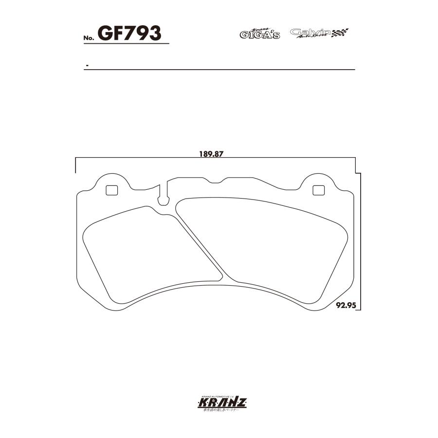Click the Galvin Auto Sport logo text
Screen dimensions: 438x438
(310, 33)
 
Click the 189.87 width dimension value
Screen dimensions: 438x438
(211, 154)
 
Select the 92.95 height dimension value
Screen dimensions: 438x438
(346, 306)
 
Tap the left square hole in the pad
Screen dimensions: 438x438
(112, 190)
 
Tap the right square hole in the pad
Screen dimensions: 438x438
(318, 190)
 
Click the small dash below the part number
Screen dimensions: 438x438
(86, 65)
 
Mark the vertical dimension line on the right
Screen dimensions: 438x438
(361, 243)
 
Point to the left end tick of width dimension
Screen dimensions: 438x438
(76, 165)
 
